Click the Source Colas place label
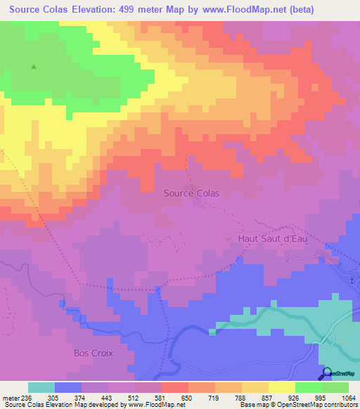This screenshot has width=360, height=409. click(x=191, y=193)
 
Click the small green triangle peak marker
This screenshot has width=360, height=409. click(x=33, y=67)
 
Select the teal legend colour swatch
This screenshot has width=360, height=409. click(x=41, y=387)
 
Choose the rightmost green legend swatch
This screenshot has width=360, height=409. click(x=335, y=387)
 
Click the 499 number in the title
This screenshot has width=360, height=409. click(x=134, y=10)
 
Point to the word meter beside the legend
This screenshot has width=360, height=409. click(x=10, y=397)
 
